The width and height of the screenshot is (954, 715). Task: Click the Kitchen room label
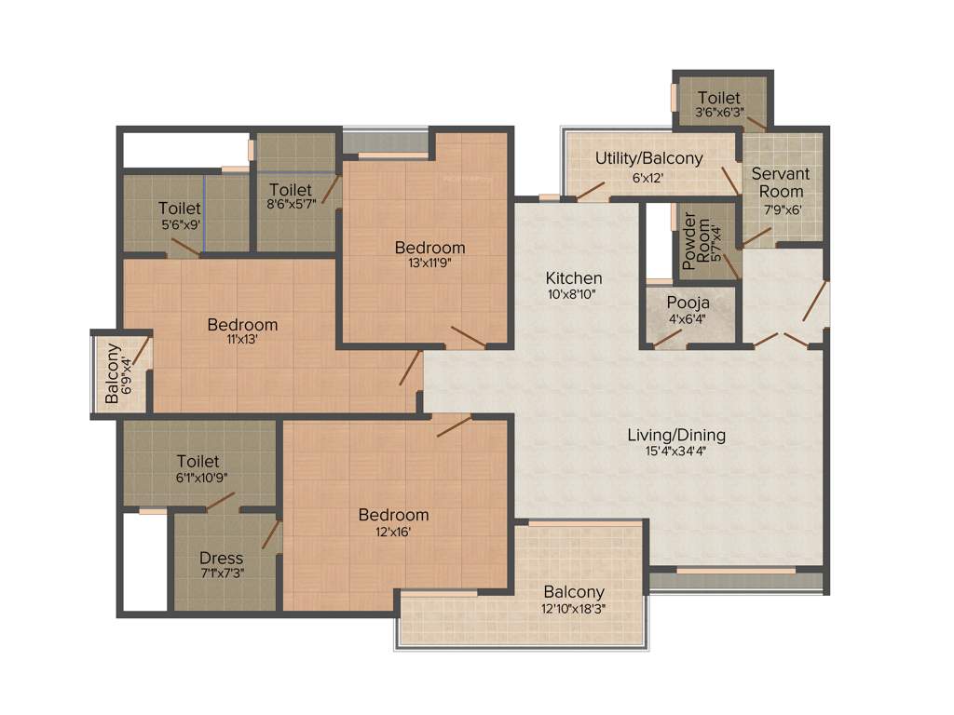(x=573, y=277)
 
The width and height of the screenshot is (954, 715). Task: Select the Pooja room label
(x=688, y=303)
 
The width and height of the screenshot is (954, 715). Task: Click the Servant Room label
(x=780, y=182)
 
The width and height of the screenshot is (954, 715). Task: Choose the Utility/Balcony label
(x=648, y=158)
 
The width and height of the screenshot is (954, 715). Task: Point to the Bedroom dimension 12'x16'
(x=393, y=532)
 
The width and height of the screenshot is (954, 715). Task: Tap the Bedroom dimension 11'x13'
(x=241, y=340)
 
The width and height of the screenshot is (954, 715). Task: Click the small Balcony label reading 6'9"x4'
(x=118, y=373)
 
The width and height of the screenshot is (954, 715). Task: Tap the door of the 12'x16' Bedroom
(x=454, y=425)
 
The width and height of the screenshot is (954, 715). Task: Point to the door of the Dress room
(x=272, y=534)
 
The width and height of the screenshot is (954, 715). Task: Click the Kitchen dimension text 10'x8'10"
(x=573, y=294)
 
